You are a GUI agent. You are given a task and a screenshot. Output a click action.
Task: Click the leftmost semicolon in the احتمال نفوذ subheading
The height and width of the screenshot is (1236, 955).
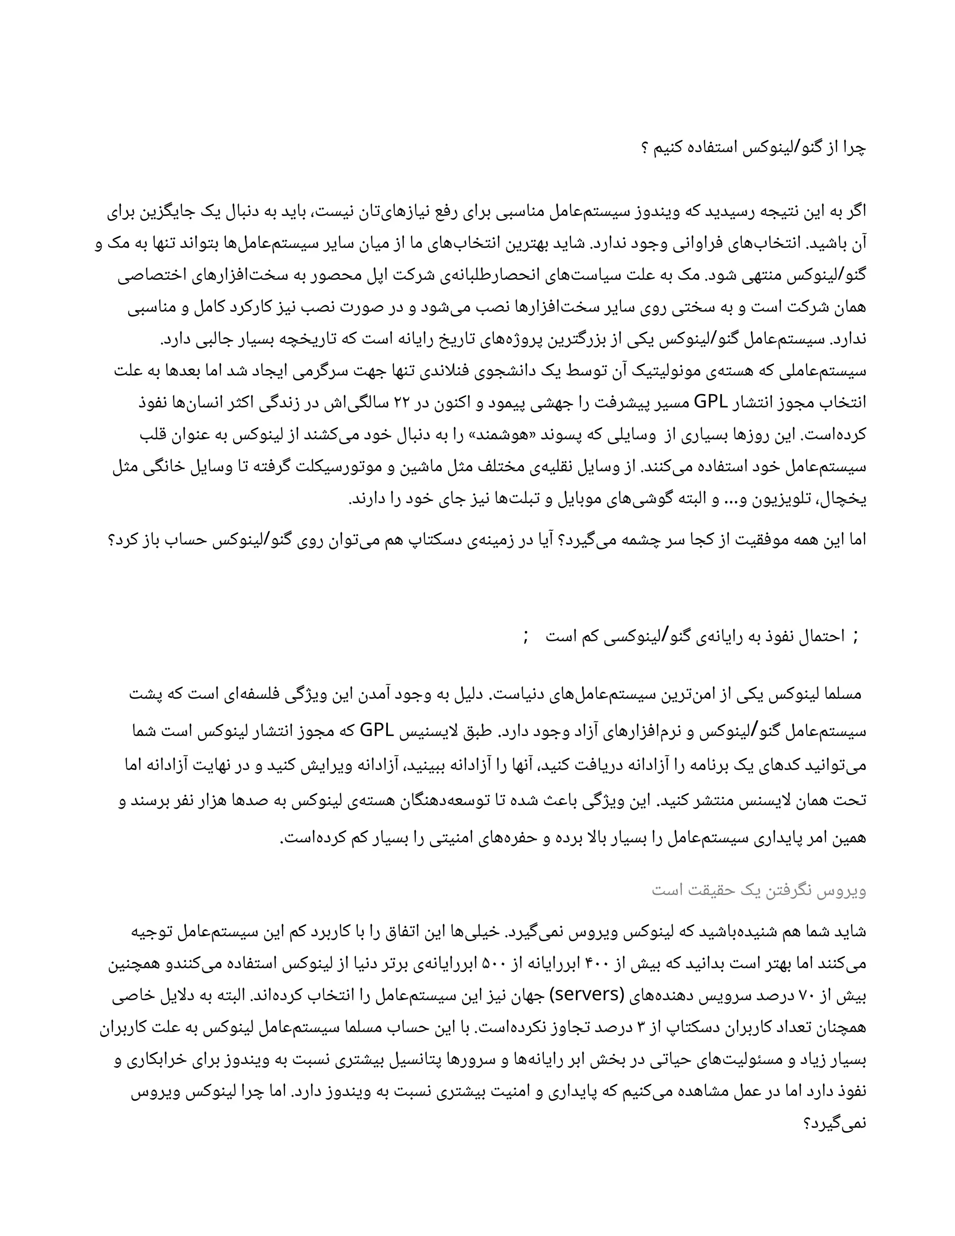coord(526,637)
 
